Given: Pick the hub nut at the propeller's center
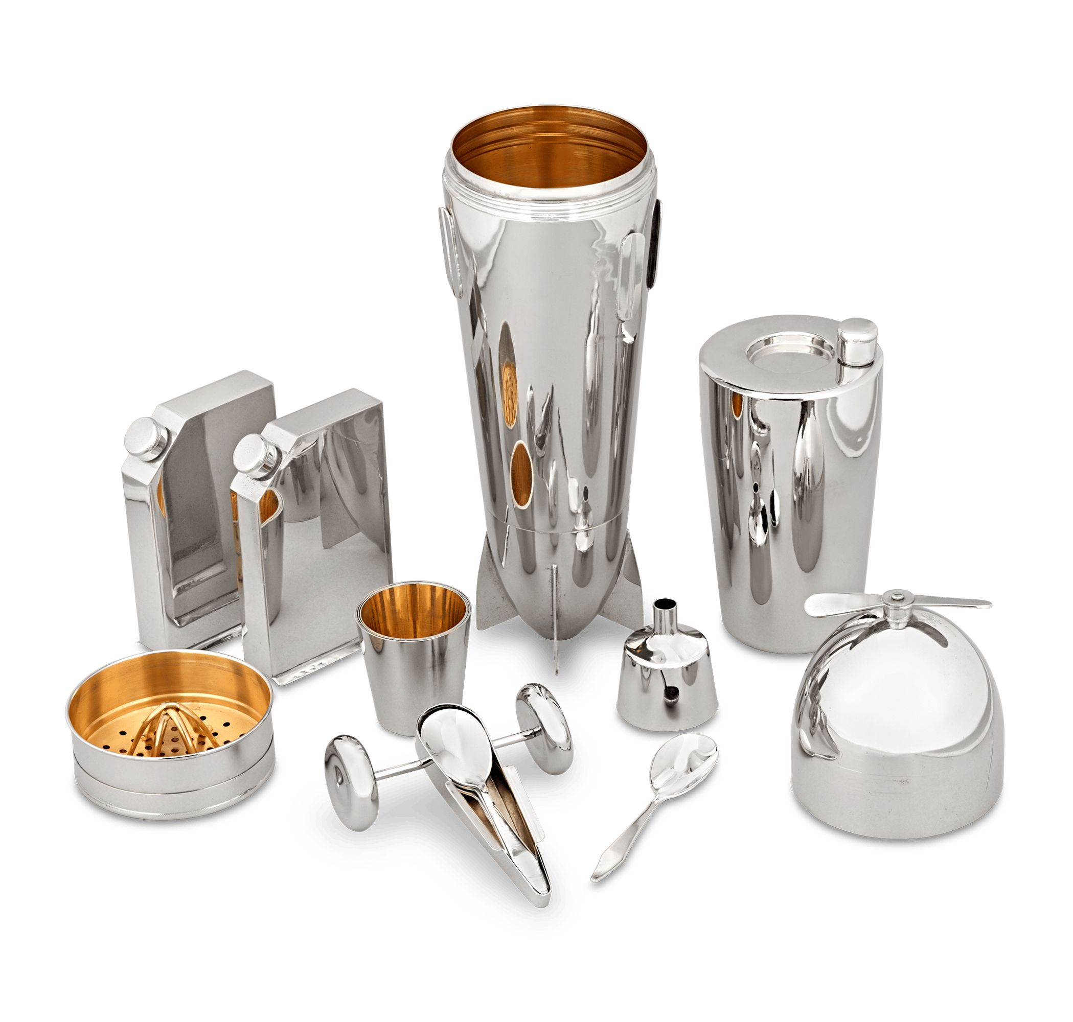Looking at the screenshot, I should [895, 599].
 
